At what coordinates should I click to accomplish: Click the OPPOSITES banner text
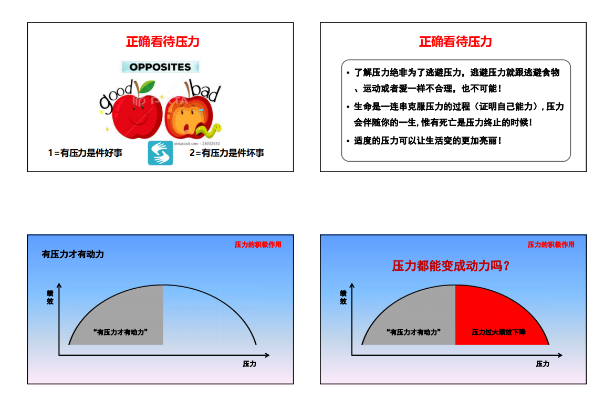(160, 67)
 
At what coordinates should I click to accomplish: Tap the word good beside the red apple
(115, 97)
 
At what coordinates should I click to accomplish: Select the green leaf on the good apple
(147, 87)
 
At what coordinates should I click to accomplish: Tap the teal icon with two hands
(160, 153)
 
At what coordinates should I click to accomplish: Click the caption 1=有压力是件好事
(85, 153)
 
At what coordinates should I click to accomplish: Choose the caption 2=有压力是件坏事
(227, 153)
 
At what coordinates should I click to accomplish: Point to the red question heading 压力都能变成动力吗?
(451, 266)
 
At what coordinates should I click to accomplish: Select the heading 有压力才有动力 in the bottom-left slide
(72, 255)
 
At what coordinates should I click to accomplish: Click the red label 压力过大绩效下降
(498, 332)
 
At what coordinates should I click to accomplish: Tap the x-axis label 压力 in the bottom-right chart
(543, 364)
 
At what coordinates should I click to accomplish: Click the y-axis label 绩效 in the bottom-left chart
(50, 298)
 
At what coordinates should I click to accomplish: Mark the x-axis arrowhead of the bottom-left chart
(267, 355)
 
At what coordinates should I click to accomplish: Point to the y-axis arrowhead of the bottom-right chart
(352, 286)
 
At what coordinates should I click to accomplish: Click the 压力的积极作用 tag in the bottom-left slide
(258, 245)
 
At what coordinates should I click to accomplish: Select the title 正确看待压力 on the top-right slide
(456, 41)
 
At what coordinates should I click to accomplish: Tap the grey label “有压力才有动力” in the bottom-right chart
(414, 332)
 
